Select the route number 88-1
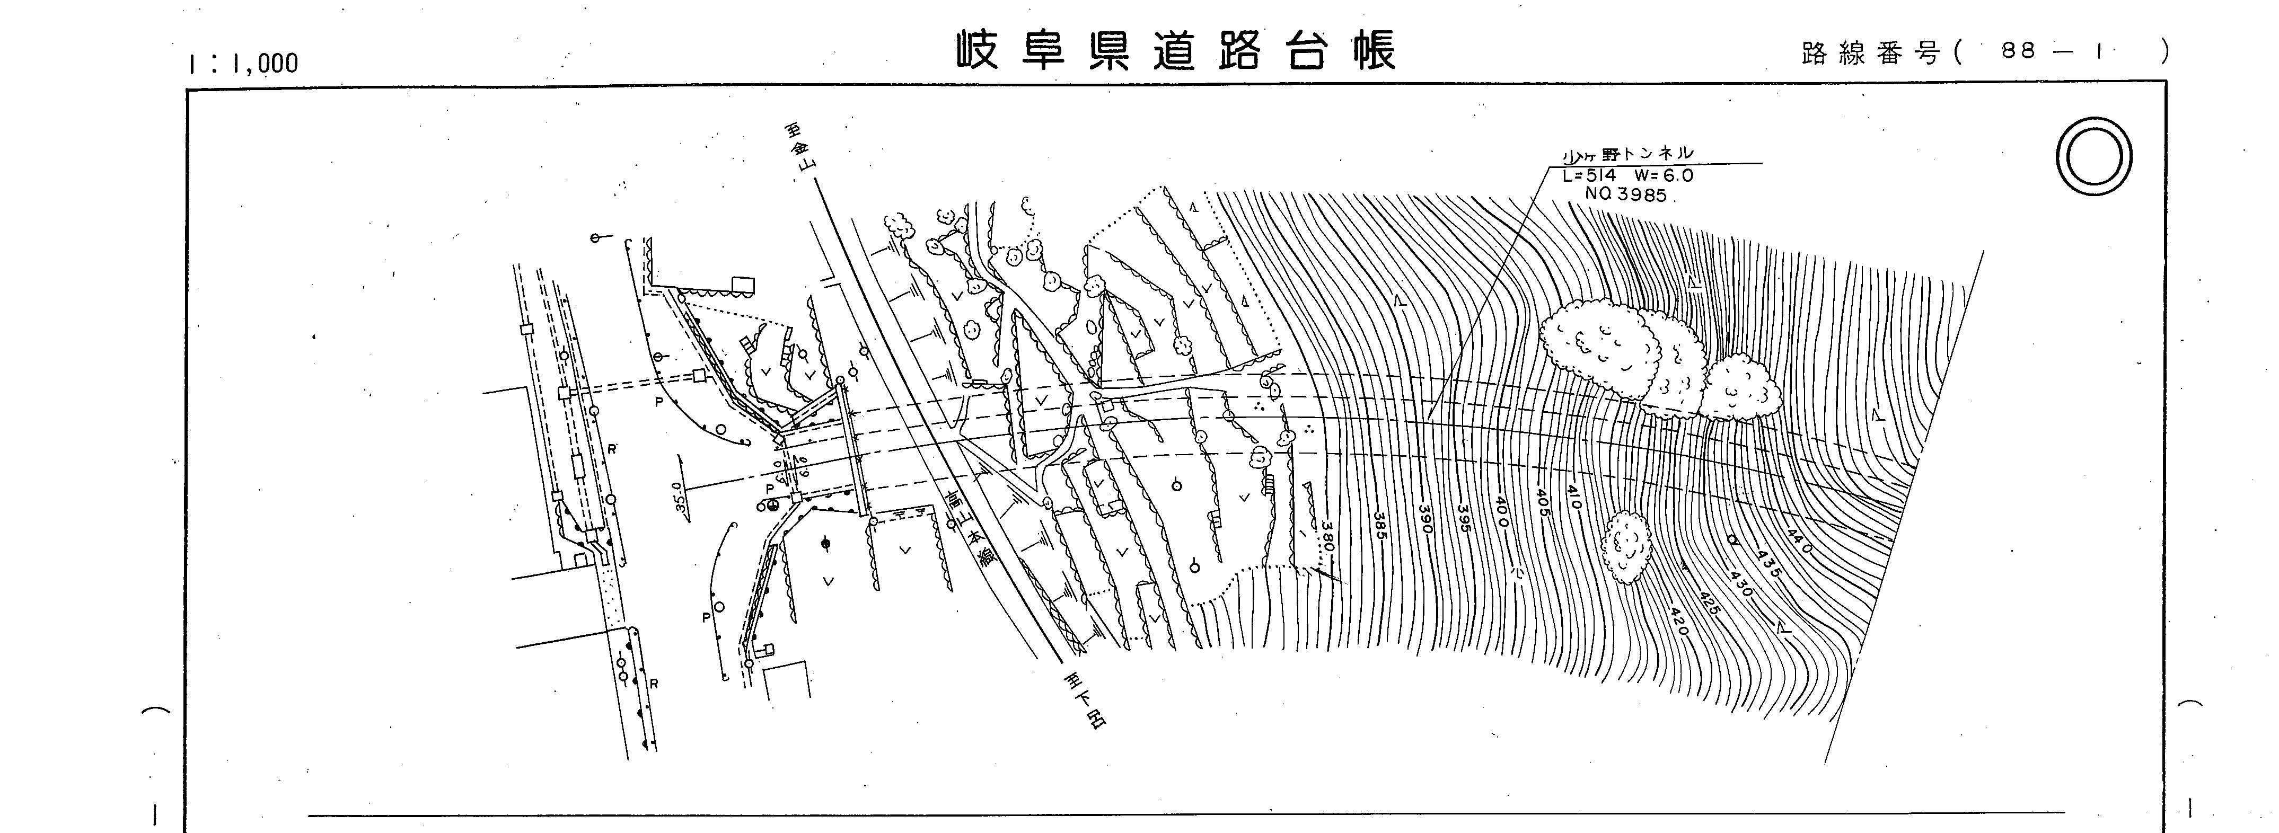[2051, 51]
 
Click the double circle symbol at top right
[2093, 156]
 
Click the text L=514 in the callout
[1590, 175]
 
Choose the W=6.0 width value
[1663, 175]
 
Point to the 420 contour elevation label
[1677, 620]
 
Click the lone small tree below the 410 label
[1626, 546]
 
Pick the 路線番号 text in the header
[1869, 53]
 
